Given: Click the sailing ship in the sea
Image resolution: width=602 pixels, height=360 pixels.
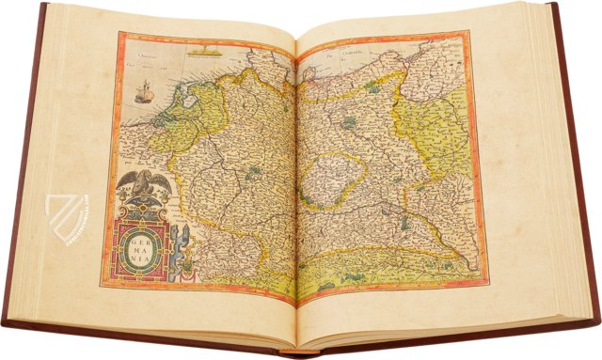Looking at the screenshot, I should (143, 92).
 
